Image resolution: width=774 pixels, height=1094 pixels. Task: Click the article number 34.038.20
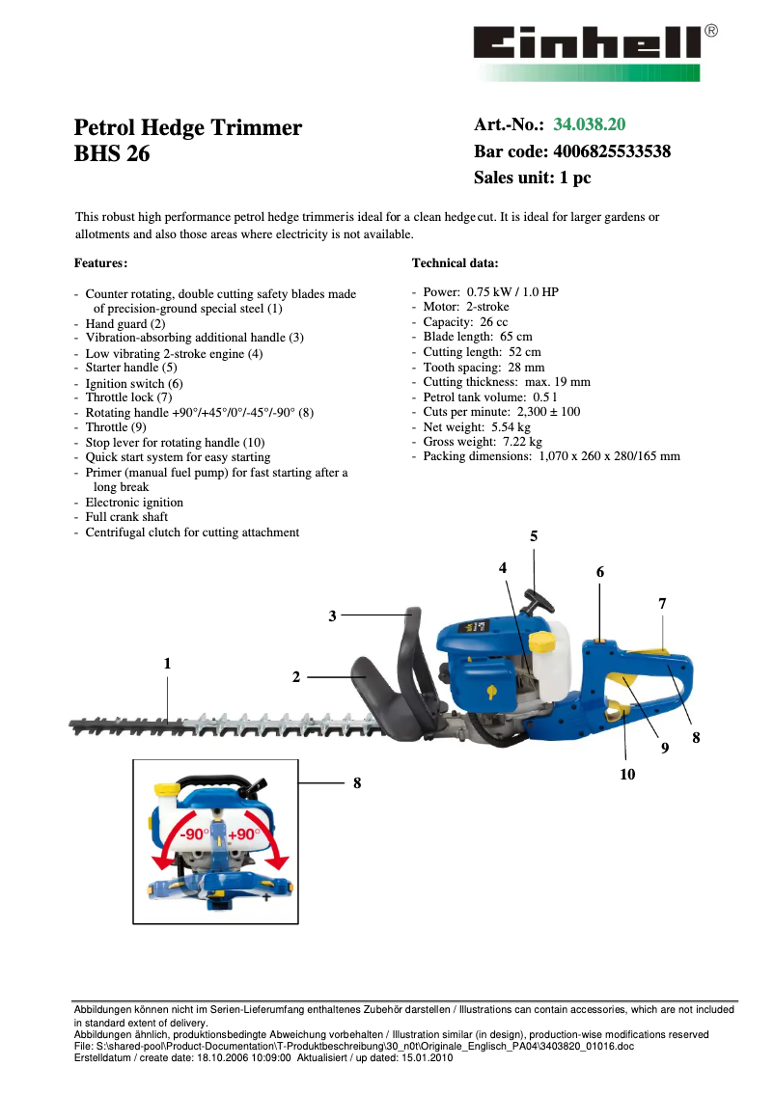[x=589, y=124]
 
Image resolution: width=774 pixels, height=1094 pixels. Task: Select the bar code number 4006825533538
[x=612, y=151]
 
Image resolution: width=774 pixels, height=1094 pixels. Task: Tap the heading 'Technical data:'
[x=455, y=262]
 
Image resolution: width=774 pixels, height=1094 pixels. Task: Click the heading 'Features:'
[x=100, y=262]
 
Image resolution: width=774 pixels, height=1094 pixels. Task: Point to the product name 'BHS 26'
[x=112, y=153]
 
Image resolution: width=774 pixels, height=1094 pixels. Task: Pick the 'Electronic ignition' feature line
[x=134, y=503]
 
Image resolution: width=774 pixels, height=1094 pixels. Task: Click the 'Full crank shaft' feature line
[x=126, y=517]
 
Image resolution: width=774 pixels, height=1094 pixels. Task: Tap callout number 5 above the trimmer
[x=534, y=536]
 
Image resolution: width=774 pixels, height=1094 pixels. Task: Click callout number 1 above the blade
[x=167, y=664]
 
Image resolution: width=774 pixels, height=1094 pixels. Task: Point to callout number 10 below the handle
[x=627, y=774]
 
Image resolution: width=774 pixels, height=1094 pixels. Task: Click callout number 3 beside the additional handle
[x=332, y=615]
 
